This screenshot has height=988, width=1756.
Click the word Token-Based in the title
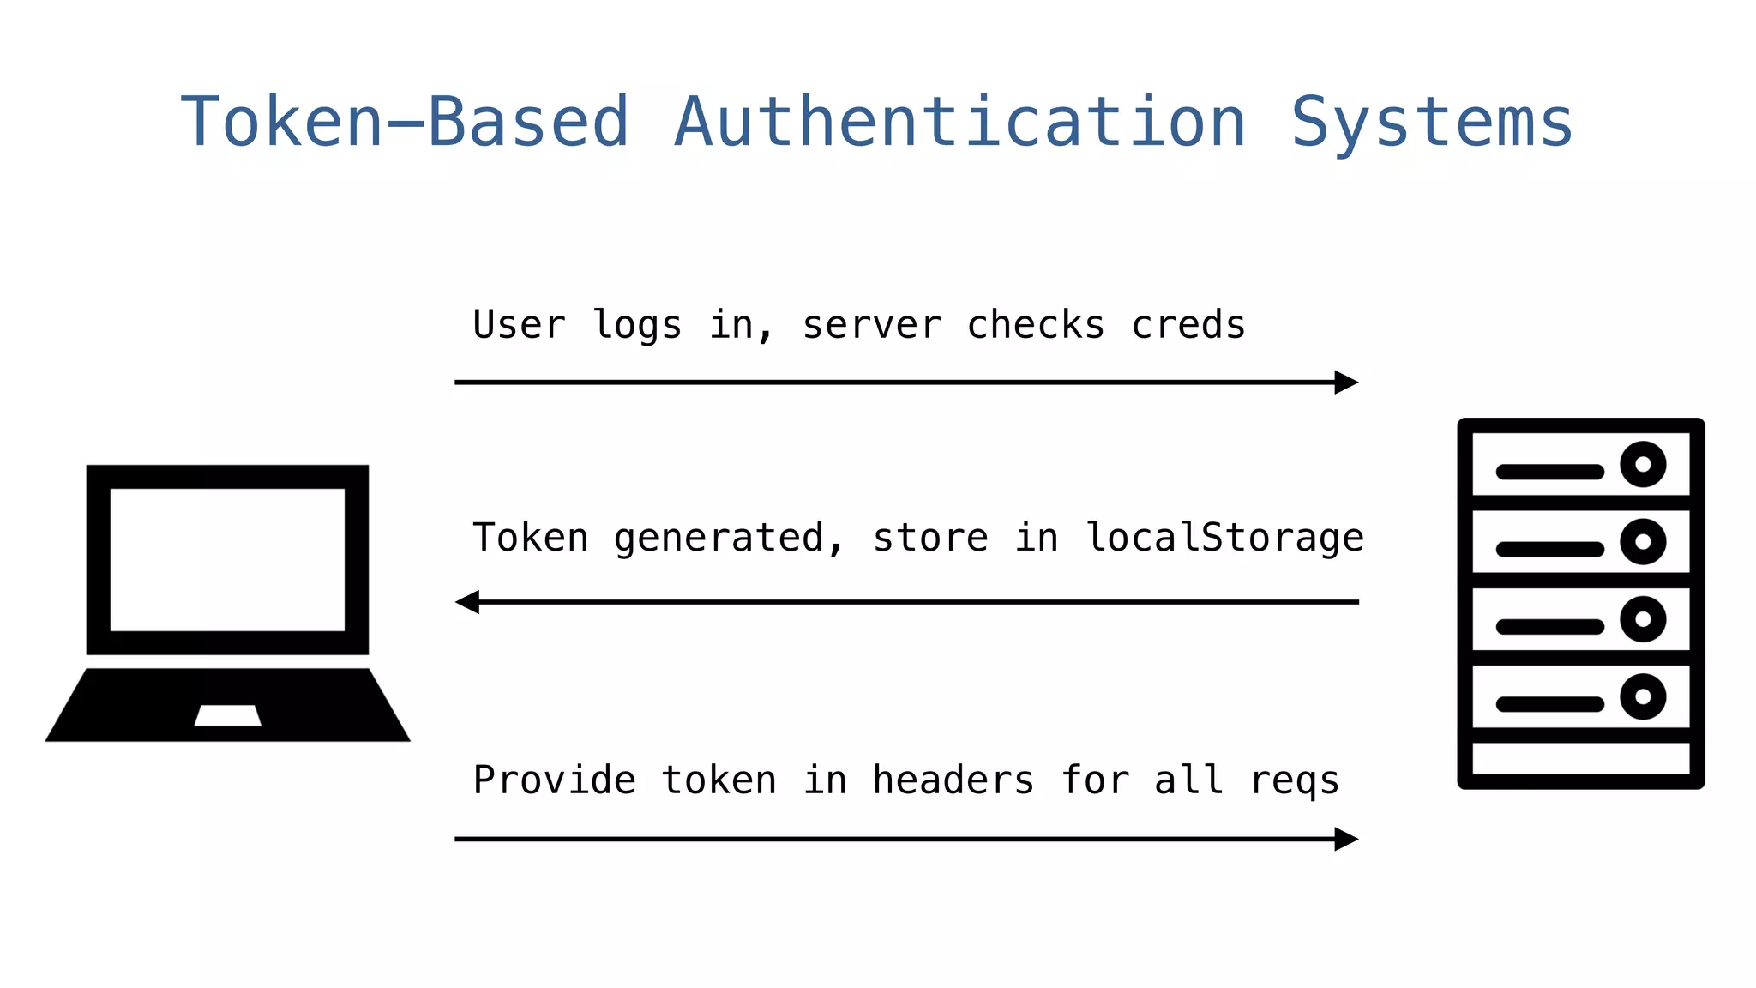(x=405, y=123)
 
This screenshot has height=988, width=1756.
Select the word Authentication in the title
(x=960, y=123)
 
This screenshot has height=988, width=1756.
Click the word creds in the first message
(x=1188, y=326)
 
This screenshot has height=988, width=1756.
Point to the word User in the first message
(x=519, y=326)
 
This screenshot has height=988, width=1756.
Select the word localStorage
(x=1224, y=539)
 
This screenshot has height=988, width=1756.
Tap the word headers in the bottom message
(x=953, y=780)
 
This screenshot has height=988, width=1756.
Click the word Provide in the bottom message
(x=555, y=780)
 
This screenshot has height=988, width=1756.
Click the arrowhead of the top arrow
(x=1346, y=383)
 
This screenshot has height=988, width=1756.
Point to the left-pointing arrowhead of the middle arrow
(x=468, y=602)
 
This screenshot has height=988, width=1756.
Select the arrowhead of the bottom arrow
(x=1346, y=839)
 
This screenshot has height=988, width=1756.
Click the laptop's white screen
(x=227, y=559)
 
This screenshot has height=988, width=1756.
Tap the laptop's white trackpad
(x=227, y=715)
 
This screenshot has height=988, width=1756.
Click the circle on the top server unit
(x=1643, y=465)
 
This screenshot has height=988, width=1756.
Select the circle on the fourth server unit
(x=1643, y=696)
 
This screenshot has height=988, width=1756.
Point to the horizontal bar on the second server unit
(x=1549, y=549)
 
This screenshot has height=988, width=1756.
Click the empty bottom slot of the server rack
(x=1580, y=759)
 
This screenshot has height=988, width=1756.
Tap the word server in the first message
(x=871, y=326)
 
